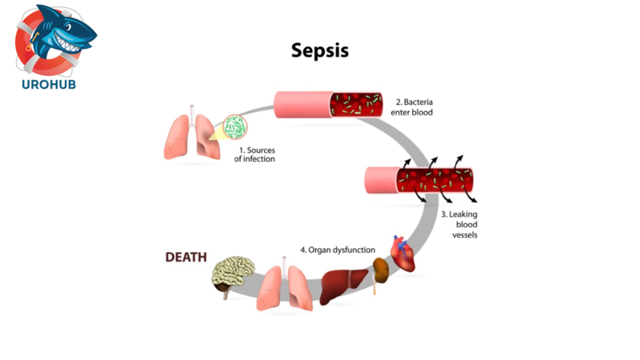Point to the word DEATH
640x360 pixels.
pyautogui.click(x=186, y=258)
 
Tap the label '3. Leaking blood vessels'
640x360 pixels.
pyautogui.click(x=459, y=224)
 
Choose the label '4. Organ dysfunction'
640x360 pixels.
pyautogui.click(x=338, y=250)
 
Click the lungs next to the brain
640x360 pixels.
pyautogui.click(x=284, y=287)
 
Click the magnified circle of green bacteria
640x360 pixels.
pyautogui.click(x=235, y=126)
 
